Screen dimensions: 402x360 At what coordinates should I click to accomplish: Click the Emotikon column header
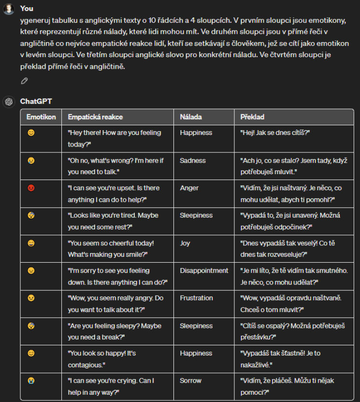coord(41,117)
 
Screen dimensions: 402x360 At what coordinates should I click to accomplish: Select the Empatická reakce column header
coord(95,117)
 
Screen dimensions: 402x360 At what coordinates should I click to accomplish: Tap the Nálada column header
coord(191,117)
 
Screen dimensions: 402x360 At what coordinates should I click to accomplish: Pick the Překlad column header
coord(252,117)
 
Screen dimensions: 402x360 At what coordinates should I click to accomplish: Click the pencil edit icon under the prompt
coord(24,81)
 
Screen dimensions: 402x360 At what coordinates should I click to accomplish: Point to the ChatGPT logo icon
coord(8,102)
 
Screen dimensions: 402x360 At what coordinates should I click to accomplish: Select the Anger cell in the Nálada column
coord(190,188)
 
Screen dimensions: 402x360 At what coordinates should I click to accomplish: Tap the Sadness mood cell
coord(193,160)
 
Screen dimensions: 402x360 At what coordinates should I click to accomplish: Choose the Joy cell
coord(185,243)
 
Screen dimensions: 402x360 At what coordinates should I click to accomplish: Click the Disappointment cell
coord(204,270)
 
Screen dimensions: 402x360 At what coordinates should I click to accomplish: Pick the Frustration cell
coord(196,298)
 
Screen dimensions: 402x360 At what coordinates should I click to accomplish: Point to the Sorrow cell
coord(190,380)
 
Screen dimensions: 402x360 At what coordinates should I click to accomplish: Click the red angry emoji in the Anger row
coord(31,188)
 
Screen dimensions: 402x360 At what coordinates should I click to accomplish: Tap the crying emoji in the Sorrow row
coord(31,380)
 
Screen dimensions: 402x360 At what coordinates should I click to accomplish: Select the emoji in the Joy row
coord(31,243)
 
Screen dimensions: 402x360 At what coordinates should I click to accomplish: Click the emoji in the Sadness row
coord(31,160)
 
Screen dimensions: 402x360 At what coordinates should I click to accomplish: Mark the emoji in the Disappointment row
coord(31,270)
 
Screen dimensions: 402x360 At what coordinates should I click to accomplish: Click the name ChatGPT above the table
coord(36,102)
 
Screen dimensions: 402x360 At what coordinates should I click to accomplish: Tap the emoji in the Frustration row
coord(31,298)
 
